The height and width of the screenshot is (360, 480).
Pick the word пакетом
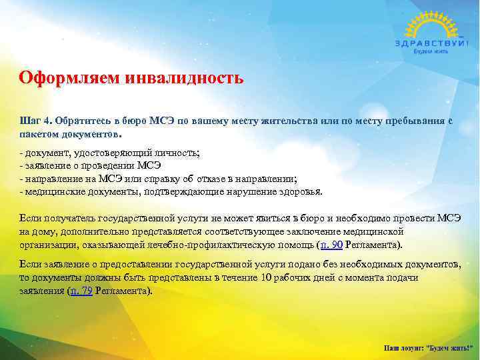point(40,133)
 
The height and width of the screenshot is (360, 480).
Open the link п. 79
point(81,291)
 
